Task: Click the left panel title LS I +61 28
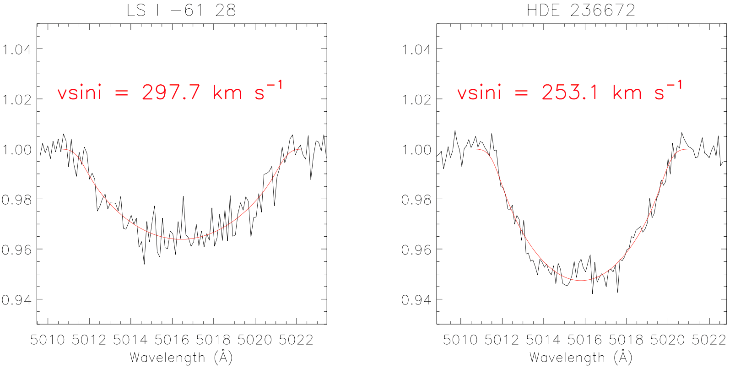(x=181, y=10)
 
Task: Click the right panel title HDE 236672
(x=581, y=10)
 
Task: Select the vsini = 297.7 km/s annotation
(x=170, y=92)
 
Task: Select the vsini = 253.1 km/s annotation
(x=569, y=92)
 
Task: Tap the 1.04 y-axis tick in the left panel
(x=17, y=49)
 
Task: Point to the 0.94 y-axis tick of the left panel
(x=17, y=300)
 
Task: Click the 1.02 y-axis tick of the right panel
(x=416, y=99)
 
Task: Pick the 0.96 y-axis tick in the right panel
(x=416, y=250)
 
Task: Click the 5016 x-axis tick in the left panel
(x=172, y=340)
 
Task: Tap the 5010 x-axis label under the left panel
(x=48, y=340)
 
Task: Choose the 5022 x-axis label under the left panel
(x=296, y=340)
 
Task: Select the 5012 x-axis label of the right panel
(x=502, y=340)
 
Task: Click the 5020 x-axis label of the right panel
(x=668, y=340)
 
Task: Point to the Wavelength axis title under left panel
(x=181, y=358)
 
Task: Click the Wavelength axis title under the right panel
(x=581, y=358)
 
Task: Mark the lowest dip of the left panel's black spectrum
(x=144, y=264)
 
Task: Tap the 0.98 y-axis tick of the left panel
(x=17, y=200)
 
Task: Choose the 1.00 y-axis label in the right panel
(x=416, y=150)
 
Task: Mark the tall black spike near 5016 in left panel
(x=183, y=197)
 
